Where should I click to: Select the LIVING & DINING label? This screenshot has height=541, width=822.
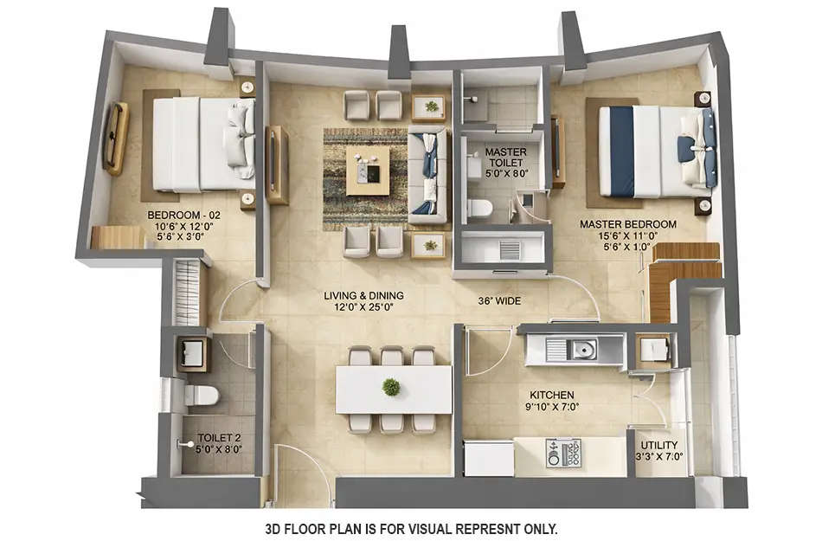click(363, 295)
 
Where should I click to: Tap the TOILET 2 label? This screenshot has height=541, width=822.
click(212, 438)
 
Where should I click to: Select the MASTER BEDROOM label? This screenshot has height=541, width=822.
click(627, 224)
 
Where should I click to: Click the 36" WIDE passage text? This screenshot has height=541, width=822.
click(499, 301)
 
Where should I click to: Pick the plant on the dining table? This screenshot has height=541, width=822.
click(392, 387)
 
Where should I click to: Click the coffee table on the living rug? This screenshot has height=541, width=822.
click(368, 170)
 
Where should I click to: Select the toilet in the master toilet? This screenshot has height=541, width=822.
click(478, 208)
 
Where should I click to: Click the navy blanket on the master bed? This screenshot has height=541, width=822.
click(621, 151)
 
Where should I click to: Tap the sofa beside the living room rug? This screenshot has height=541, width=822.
click(427, 173)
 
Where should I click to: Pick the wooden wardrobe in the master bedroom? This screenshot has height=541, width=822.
click(684, 277)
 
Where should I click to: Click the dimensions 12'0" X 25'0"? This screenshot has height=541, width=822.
click(363, 306)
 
